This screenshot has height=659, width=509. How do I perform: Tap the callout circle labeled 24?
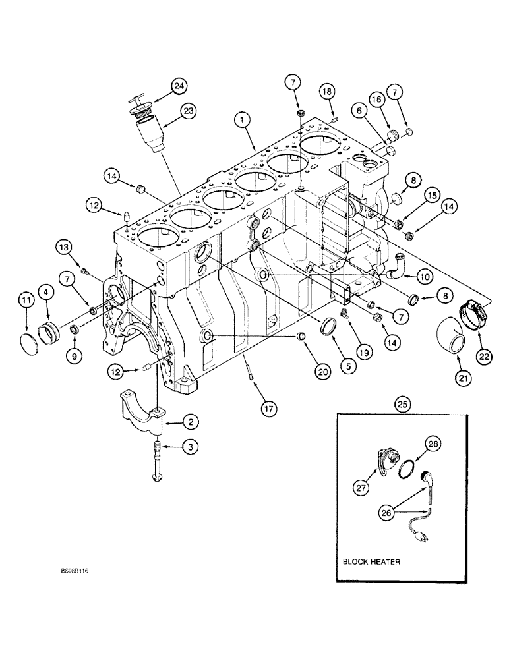coord(179,85)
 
